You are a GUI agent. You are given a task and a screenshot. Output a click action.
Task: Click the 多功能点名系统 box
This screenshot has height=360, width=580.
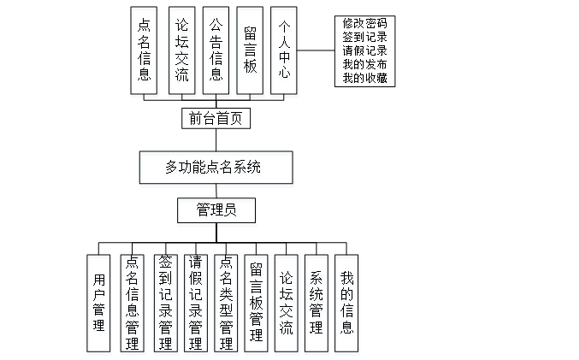(x=216, y=168)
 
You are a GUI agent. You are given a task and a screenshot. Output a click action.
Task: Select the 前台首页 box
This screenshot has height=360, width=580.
(x=216, y=118)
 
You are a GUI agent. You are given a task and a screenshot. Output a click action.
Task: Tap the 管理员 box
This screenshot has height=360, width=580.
(x=216, y=210)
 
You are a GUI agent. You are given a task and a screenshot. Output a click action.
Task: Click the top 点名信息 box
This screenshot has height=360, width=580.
(x=145, y=50)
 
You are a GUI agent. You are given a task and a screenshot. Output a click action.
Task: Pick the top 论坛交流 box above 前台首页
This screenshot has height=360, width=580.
(x=181, y=50)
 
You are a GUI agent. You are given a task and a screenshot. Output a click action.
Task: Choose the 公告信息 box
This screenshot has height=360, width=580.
(x=216, y=50)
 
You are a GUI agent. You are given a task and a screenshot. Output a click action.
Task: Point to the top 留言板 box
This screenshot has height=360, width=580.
(x=250, y=50)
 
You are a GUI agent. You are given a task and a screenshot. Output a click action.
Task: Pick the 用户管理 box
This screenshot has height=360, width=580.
(x=99, y=303)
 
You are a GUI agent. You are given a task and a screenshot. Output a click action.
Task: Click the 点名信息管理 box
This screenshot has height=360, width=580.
(x=132, y=303)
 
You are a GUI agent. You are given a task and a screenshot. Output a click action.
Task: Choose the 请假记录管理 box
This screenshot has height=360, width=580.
(x=195, y=303)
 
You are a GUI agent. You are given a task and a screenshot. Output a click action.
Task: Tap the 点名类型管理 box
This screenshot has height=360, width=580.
(x=226, y=303)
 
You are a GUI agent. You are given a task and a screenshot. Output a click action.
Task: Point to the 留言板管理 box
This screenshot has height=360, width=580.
(x=256, y=303)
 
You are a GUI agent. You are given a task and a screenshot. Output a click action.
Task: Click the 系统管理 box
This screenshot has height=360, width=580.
(x=317, y=303)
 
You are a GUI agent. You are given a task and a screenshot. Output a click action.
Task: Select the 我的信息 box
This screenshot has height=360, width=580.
(x=346, y=303)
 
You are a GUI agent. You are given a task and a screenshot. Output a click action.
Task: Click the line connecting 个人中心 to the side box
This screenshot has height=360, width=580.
(x=316, y=50)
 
